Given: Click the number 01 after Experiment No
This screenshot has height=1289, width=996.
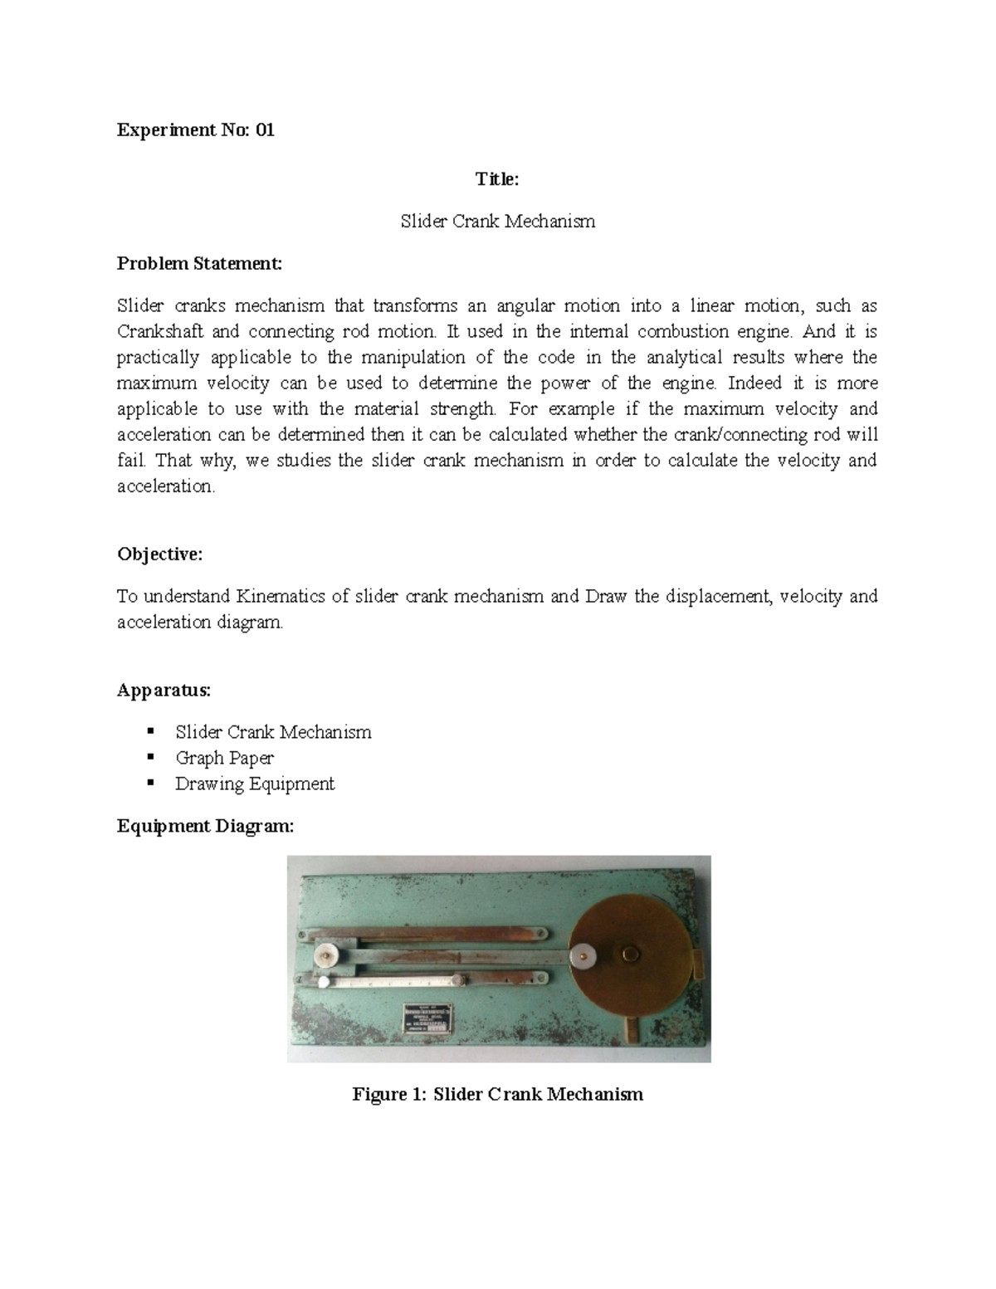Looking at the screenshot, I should [265, 130].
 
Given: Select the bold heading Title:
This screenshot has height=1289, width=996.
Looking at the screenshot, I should [497, 178].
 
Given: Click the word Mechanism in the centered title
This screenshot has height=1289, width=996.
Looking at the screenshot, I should [554, 222].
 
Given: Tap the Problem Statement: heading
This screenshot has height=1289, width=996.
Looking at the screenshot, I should [199, 264].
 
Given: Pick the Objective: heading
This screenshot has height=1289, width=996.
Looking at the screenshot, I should [159, 554].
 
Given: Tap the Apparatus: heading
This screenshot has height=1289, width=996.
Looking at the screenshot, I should [164, 691].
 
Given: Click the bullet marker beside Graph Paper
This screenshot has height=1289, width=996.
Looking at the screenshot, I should [150, 757].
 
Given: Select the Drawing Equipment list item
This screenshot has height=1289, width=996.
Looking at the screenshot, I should [255, 784].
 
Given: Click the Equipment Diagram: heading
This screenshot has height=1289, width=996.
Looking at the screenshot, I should [205, 826].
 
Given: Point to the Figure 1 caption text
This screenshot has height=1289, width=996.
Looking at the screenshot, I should [497, 1094].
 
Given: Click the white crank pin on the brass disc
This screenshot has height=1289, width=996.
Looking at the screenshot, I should [586, 956].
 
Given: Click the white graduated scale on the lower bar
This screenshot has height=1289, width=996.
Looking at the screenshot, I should [390, 982].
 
